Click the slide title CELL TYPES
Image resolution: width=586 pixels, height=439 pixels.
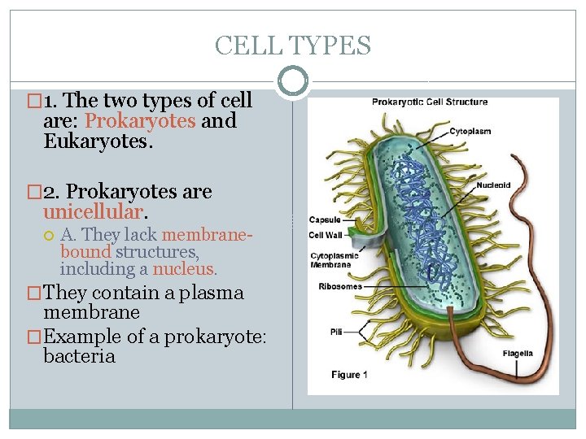pyautogui.click(x=292, y=46)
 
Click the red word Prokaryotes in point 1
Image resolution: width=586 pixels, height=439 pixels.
pyautogui.click(x=140, y=121)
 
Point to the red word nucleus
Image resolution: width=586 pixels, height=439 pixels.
pyautogui.click(x=182, y=268)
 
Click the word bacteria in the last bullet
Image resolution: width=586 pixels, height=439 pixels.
pyautogui.click(x=80, y=356)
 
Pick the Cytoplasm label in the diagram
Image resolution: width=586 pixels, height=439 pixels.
pyautogui.click(x=470, y=132)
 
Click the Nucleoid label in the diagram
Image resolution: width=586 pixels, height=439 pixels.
pyautogui.click(x=493, y=185)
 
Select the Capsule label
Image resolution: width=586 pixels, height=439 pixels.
pyautogui.click(x=325, y=219)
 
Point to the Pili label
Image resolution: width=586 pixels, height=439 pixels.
pyautogui.click(x=336, y=332)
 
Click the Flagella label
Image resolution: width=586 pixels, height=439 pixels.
pyautogui.click(x=518, y=354)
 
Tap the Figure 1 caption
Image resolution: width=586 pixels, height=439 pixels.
pyautogui.click(x=350, y=375)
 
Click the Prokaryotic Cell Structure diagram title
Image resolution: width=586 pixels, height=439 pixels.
pyautogui.click(x=430, y=102)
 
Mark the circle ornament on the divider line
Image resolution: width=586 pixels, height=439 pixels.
pyautogui.click(x=293, y=80)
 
